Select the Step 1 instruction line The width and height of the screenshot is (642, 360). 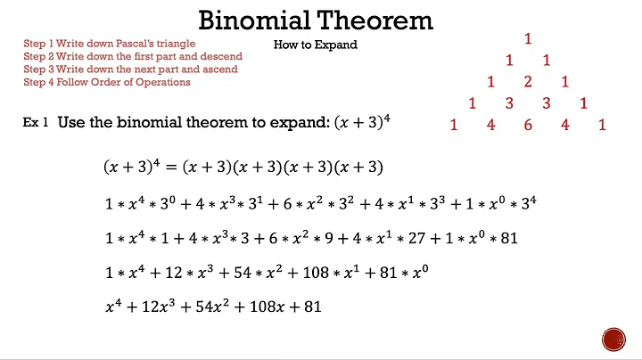pos(110,43)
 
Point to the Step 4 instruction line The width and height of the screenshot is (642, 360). pos(107,82)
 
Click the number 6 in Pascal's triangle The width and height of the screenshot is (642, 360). pos(528,126)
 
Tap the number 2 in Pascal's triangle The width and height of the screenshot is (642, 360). pos(528,82)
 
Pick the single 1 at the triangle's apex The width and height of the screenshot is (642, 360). pos(528,38)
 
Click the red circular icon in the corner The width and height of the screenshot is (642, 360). pos(614,339)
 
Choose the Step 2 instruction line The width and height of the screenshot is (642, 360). pos(133,56)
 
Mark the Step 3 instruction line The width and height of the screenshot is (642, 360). pos(130,70)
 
